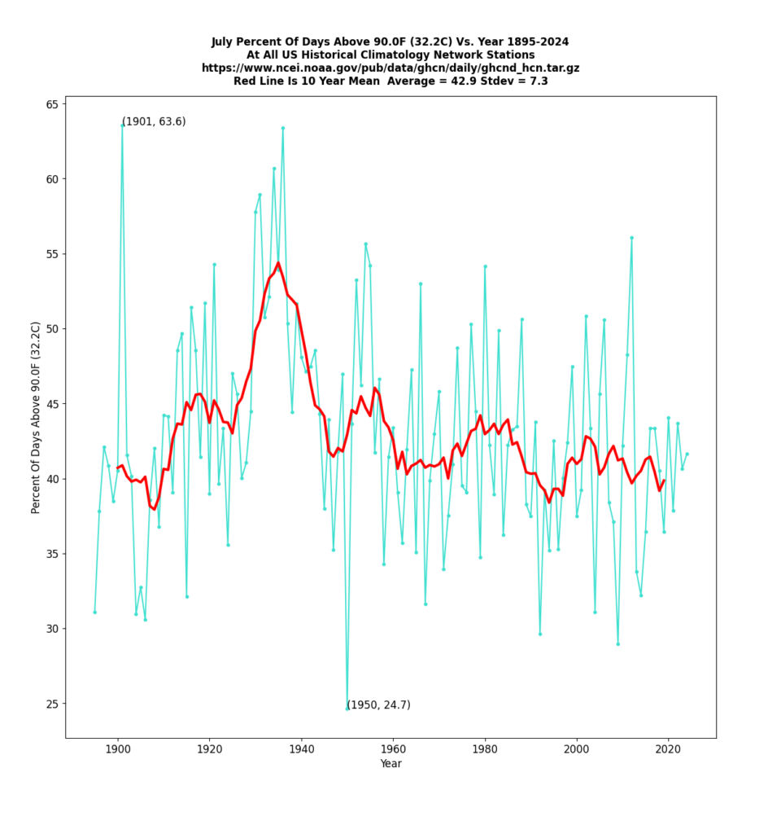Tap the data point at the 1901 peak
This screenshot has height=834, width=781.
(122, 125)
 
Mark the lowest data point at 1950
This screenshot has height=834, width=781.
(347, 708)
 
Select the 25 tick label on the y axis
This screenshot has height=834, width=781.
(50, 704)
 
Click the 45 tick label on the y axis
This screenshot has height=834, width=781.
(50, 404)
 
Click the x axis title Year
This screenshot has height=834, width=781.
(390, 764)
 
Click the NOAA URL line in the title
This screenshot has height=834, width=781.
(390, 68)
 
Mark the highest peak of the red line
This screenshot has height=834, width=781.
(278, 263)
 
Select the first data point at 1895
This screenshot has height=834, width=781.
(94, 612)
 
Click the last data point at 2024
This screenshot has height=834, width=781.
(687, 454)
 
